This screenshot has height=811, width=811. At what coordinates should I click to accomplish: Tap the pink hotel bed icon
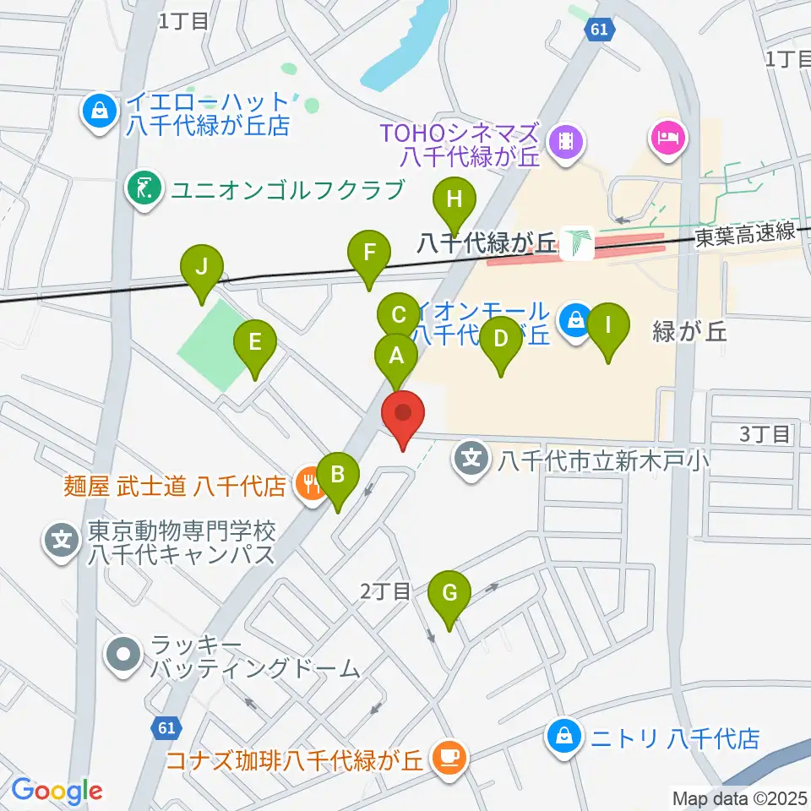[x=667, y=138]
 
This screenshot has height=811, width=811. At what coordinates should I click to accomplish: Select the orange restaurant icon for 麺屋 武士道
[x=309, y=485]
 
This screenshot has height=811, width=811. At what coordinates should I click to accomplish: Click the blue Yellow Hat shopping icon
[x=99, y=112]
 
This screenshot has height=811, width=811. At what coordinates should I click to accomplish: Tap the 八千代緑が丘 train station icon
[x=578, y=244]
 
